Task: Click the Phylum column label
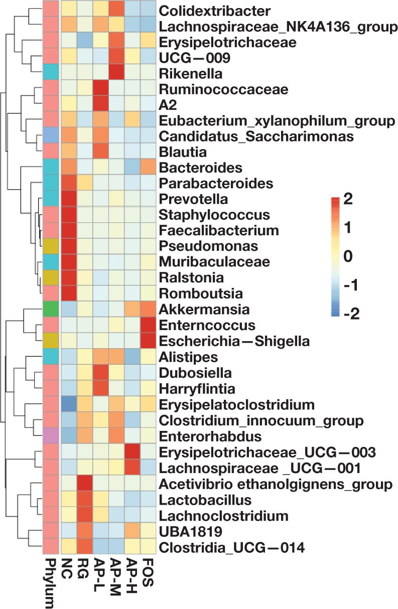(51, 580)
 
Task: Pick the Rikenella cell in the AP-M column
(116, 73)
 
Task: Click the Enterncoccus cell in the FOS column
(148, 326)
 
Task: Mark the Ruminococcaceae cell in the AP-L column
(100, 89)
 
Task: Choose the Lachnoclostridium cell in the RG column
(84, 515)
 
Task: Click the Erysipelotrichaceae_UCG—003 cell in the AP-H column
(132, 452)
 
